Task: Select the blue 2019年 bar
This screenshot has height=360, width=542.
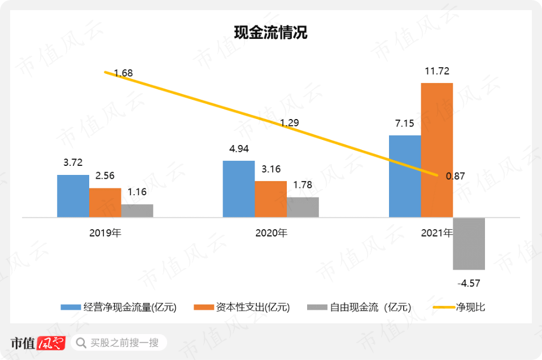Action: (73, 196)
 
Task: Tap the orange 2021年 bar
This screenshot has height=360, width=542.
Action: (437, 150)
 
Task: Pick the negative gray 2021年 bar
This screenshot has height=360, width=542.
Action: (469, 243)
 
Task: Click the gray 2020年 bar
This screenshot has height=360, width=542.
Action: (303, 207)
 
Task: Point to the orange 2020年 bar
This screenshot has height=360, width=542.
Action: (270, 199)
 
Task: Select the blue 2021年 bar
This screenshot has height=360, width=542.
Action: (405, 176)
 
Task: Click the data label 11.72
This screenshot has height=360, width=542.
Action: (437, 71)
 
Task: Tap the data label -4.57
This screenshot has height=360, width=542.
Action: (469, 283)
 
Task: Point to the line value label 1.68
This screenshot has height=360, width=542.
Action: (123, 73)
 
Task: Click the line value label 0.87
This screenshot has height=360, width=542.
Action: (455, 176)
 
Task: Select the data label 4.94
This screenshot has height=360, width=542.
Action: (238, 149)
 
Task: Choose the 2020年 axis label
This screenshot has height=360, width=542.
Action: (270, 232)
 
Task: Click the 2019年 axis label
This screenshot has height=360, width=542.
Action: (105, 232)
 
